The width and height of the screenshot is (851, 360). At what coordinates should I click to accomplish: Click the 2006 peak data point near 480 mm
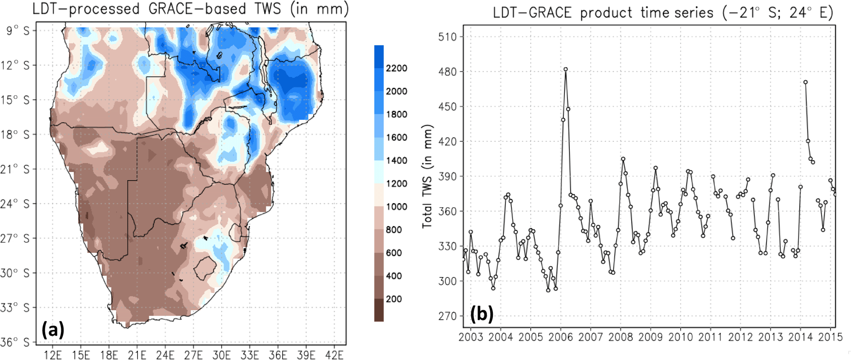click(566, 70)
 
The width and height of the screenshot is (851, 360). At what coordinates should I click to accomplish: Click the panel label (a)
click(53, 330)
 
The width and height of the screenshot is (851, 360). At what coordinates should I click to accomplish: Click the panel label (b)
click(482, 314)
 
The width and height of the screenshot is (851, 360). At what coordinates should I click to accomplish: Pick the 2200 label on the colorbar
click(396, 68)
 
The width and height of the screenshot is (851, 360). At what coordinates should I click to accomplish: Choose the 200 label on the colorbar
click(394, 299)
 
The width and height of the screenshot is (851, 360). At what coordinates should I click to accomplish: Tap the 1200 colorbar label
click(396, 184)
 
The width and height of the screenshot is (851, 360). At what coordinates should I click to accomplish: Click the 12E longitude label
click(53, 355)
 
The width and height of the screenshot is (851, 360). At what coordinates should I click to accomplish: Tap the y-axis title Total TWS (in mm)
click(427, 176)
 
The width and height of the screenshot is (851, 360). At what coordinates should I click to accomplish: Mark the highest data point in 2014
click(805, 82)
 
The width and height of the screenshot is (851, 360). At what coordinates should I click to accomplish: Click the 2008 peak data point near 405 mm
click(623, 159)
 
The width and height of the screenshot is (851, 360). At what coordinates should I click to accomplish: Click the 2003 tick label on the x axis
click(471, 337)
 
